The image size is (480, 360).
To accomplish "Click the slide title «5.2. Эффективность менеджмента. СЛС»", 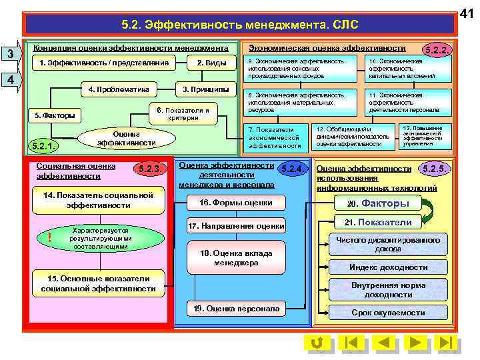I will click(x=240, y=25).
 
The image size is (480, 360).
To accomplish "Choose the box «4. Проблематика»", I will click(x=119, y=89).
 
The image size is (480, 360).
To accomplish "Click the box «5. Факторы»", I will click(x=55, y=115).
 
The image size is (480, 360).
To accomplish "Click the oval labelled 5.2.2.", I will click(x=438, y=50).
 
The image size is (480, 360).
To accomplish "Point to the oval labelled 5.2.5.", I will click(x=437, y=169).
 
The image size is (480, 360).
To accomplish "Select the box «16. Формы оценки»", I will click(x=237, y=203).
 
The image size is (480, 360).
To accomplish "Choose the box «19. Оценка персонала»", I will click(x=236, y=309).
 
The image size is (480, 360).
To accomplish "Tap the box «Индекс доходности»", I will click(x=389, y=267).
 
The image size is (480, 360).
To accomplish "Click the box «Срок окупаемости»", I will click(x=389, y=312).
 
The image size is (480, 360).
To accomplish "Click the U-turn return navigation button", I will click(x=318, y=343).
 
